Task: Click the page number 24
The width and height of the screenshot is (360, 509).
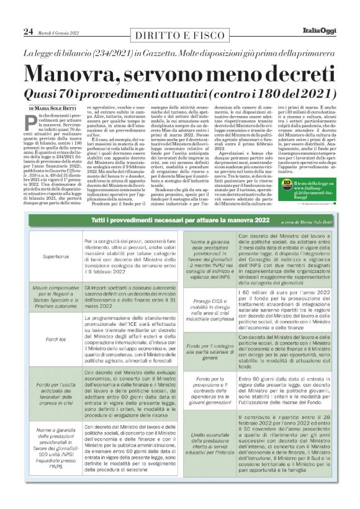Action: tap(28, 31)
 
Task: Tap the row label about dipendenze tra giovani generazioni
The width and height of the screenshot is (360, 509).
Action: tap(214, 385)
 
